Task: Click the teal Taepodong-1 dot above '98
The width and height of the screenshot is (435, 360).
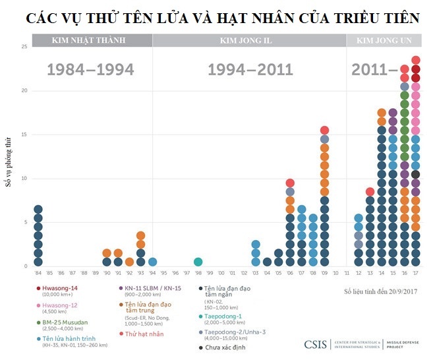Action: click(x=198, y=262)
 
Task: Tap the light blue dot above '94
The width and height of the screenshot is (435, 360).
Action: click(x=152, y=262)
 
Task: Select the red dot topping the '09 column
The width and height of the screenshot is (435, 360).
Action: click(x=324, y=131)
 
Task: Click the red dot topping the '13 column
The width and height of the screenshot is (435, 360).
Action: click(x=370, y=192)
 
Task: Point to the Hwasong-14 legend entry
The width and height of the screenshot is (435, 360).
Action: click(x=60, y=288)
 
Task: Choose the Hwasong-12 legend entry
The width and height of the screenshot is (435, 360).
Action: click(x=60, y=306)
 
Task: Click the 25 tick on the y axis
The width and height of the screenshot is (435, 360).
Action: click(x=24, y=47)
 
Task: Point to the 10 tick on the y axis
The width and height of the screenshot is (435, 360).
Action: click(x=24, y=178)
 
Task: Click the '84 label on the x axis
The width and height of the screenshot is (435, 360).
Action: click(x=38, y=272)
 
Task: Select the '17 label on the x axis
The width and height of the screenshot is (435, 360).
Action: click(x=415, y=272)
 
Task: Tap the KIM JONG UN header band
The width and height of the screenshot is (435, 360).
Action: click(x=384, y=40)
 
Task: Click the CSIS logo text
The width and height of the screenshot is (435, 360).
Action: click(x=318, y=344)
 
